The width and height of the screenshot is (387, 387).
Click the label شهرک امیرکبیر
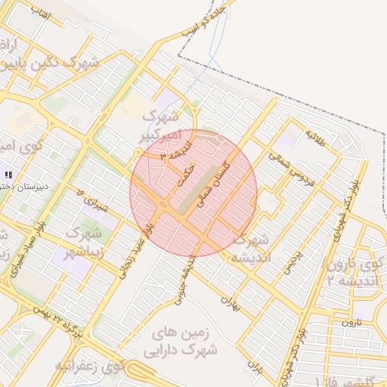[x=159, y=126]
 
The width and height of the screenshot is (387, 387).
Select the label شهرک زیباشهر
[x=82, y=240]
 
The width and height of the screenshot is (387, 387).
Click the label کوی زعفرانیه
[x=89, y=367]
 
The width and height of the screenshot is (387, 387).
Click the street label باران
[x=254, y=368]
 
